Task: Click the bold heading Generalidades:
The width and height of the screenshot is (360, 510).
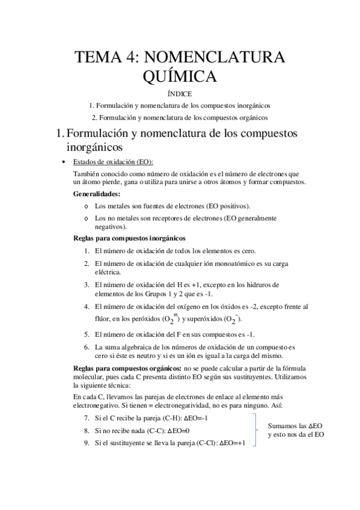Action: (x=96, y=194)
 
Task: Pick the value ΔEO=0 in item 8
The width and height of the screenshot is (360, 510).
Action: (x=177, y=431)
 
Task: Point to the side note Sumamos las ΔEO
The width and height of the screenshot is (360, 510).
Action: (x=295, y=425)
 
